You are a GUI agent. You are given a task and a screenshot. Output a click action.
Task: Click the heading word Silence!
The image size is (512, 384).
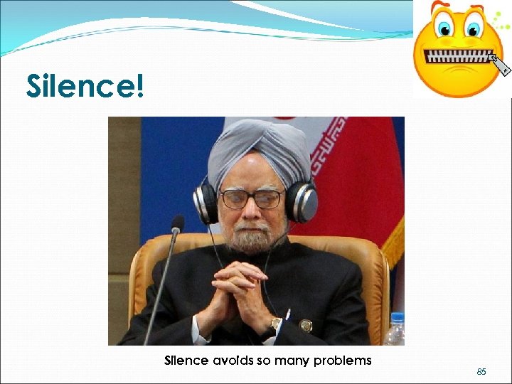coord(85,86)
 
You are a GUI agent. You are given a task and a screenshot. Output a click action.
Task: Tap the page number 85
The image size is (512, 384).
coord(481,371)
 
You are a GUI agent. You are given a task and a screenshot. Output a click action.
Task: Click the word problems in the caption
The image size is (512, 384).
coord(343,361)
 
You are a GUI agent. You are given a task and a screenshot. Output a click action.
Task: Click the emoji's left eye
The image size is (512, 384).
coord(444,29)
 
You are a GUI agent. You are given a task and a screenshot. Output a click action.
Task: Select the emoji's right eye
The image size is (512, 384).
coord(473,29)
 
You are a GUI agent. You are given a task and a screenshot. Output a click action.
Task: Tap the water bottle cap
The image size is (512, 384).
coord(397,318)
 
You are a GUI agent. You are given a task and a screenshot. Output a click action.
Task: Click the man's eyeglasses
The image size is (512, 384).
coord(250,198)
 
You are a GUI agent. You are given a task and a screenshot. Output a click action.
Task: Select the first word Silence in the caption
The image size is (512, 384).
coord(186,361)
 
